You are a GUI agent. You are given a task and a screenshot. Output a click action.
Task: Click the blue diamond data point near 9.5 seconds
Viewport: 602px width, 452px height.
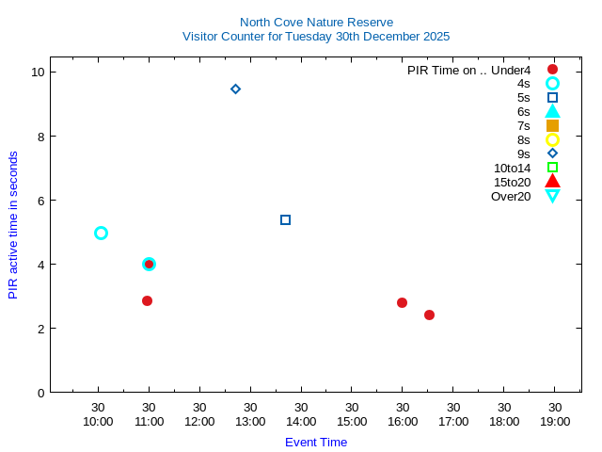point(235,89)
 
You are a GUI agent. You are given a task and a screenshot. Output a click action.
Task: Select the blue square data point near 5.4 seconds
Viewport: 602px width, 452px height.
point(285,219)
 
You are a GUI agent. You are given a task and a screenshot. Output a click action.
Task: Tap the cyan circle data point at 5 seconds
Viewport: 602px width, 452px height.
point(101,233)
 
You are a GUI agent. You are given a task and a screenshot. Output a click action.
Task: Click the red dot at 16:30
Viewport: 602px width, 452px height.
point(402,302)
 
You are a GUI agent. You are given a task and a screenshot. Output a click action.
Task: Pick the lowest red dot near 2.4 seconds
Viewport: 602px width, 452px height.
point(429,315)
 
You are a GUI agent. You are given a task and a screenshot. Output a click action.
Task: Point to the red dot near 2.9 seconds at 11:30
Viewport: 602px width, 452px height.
point(147,300)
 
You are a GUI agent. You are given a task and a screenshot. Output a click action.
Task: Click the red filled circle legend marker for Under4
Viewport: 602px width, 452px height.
point(552,70)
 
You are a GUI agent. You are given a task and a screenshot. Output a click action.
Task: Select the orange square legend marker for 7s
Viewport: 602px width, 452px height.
point(552,125)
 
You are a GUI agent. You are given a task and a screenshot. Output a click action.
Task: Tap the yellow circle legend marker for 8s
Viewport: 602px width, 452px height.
point(552,139)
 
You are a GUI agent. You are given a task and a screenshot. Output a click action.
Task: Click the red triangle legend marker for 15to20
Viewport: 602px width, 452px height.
point(552,181)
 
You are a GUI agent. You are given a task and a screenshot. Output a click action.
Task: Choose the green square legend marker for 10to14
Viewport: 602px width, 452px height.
point(552,168)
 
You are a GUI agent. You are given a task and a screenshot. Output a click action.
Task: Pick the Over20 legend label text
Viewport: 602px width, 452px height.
point(511,196)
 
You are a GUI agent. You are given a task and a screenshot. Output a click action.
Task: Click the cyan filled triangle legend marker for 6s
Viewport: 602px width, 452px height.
point(552,111)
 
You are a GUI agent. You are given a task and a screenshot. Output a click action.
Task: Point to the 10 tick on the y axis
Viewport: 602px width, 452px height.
point(39,73)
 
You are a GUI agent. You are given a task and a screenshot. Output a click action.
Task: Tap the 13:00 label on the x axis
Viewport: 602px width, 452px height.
point(250,421)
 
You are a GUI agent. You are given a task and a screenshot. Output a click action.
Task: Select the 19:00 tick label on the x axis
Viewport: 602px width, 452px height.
point(555,421)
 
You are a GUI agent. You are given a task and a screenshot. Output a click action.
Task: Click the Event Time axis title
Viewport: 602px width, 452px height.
point(316,442)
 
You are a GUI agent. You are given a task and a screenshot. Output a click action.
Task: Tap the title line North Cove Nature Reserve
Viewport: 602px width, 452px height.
point(316,22)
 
